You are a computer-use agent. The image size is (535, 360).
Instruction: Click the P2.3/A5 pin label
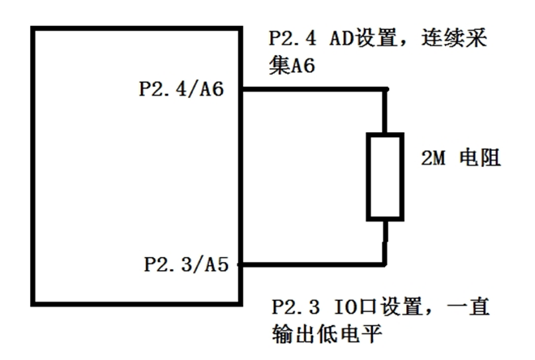coord(185,264)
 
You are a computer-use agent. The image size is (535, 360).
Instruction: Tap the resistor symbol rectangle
coord(384,177)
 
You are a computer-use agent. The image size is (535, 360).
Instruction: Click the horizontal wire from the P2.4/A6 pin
coord(312,91)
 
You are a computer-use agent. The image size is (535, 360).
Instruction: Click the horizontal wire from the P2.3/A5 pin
coord(312,264)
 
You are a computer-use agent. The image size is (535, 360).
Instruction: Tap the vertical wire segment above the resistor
coord(385,113)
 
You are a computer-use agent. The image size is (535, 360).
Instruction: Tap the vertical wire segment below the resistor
coord(385,242)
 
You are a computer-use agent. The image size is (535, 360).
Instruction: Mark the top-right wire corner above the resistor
coord(385,91)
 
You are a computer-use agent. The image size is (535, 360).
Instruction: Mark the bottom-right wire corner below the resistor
coord(385,264)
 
